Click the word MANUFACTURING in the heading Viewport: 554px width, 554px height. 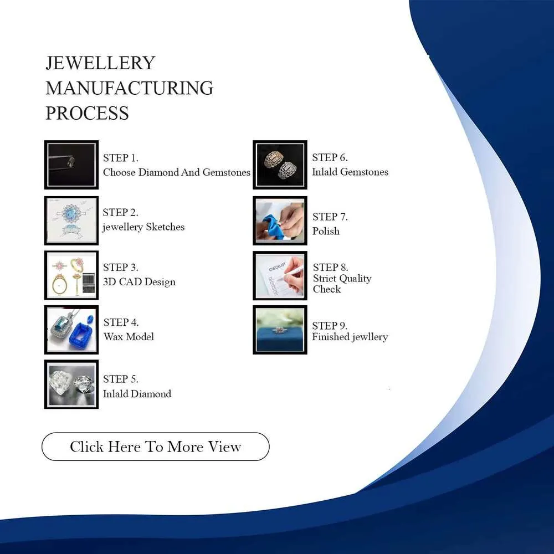tap(129, 88)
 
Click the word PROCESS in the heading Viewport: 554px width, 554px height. tap(88, 113)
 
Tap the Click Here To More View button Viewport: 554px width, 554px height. tap(156, 447)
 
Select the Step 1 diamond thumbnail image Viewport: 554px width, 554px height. tap(71, 165)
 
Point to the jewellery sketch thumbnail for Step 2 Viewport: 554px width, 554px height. tap(71, 220)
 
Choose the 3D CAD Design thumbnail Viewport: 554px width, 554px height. tap(71, 275)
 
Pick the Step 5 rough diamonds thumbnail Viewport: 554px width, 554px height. tap(71, 384)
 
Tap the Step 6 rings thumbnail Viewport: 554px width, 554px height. tap(280, 165)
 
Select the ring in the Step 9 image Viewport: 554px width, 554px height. tap(279, 331)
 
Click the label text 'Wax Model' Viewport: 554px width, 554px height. tap(129, 337)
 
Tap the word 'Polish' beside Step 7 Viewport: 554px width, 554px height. tap(326, 231)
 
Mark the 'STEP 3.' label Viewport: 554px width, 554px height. tap(120, 268)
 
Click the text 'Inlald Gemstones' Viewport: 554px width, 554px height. tap(350, 172)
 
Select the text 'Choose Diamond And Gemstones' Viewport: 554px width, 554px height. tap(177, 172)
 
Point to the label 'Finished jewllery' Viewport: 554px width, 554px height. tap(350, 337)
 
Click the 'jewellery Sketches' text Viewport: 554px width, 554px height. tap(143, 227)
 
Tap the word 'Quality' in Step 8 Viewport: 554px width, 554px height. tap(355, 279)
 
